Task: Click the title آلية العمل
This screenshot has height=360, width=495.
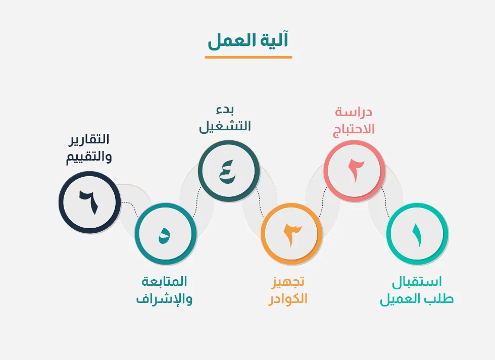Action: point(248,40)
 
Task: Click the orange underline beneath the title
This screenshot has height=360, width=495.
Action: point(249,57)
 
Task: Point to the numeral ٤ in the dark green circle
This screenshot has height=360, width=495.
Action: point(227,172)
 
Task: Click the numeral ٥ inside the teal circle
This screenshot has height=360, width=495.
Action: point(164,236)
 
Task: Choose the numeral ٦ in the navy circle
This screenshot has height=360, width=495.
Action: point(89,202)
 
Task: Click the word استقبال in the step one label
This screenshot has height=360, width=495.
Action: point(417,282)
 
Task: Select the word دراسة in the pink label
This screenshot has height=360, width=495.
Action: point(354,112)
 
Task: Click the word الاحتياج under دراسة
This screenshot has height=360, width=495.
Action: point(354,129)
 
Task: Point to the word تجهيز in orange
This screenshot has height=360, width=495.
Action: point(287,281)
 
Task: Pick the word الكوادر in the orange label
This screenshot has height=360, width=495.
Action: point(287,298)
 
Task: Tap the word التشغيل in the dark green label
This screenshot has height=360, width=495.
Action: point(225,126)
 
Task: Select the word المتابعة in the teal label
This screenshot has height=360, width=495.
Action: point(164,281)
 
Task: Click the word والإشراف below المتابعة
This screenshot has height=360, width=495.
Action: point(164,299)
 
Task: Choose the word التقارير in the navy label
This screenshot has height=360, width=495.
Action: point(89,139)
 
